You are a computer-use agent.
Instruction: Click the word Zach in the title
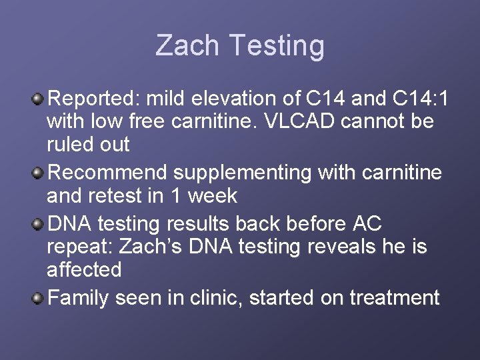pos(187,46)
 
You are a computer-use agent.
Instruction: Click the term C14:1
pos(420,99)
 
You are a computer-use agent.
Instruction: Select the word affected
pos(84,270)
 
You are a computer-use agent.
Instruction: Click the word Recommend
pos(108,173)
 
